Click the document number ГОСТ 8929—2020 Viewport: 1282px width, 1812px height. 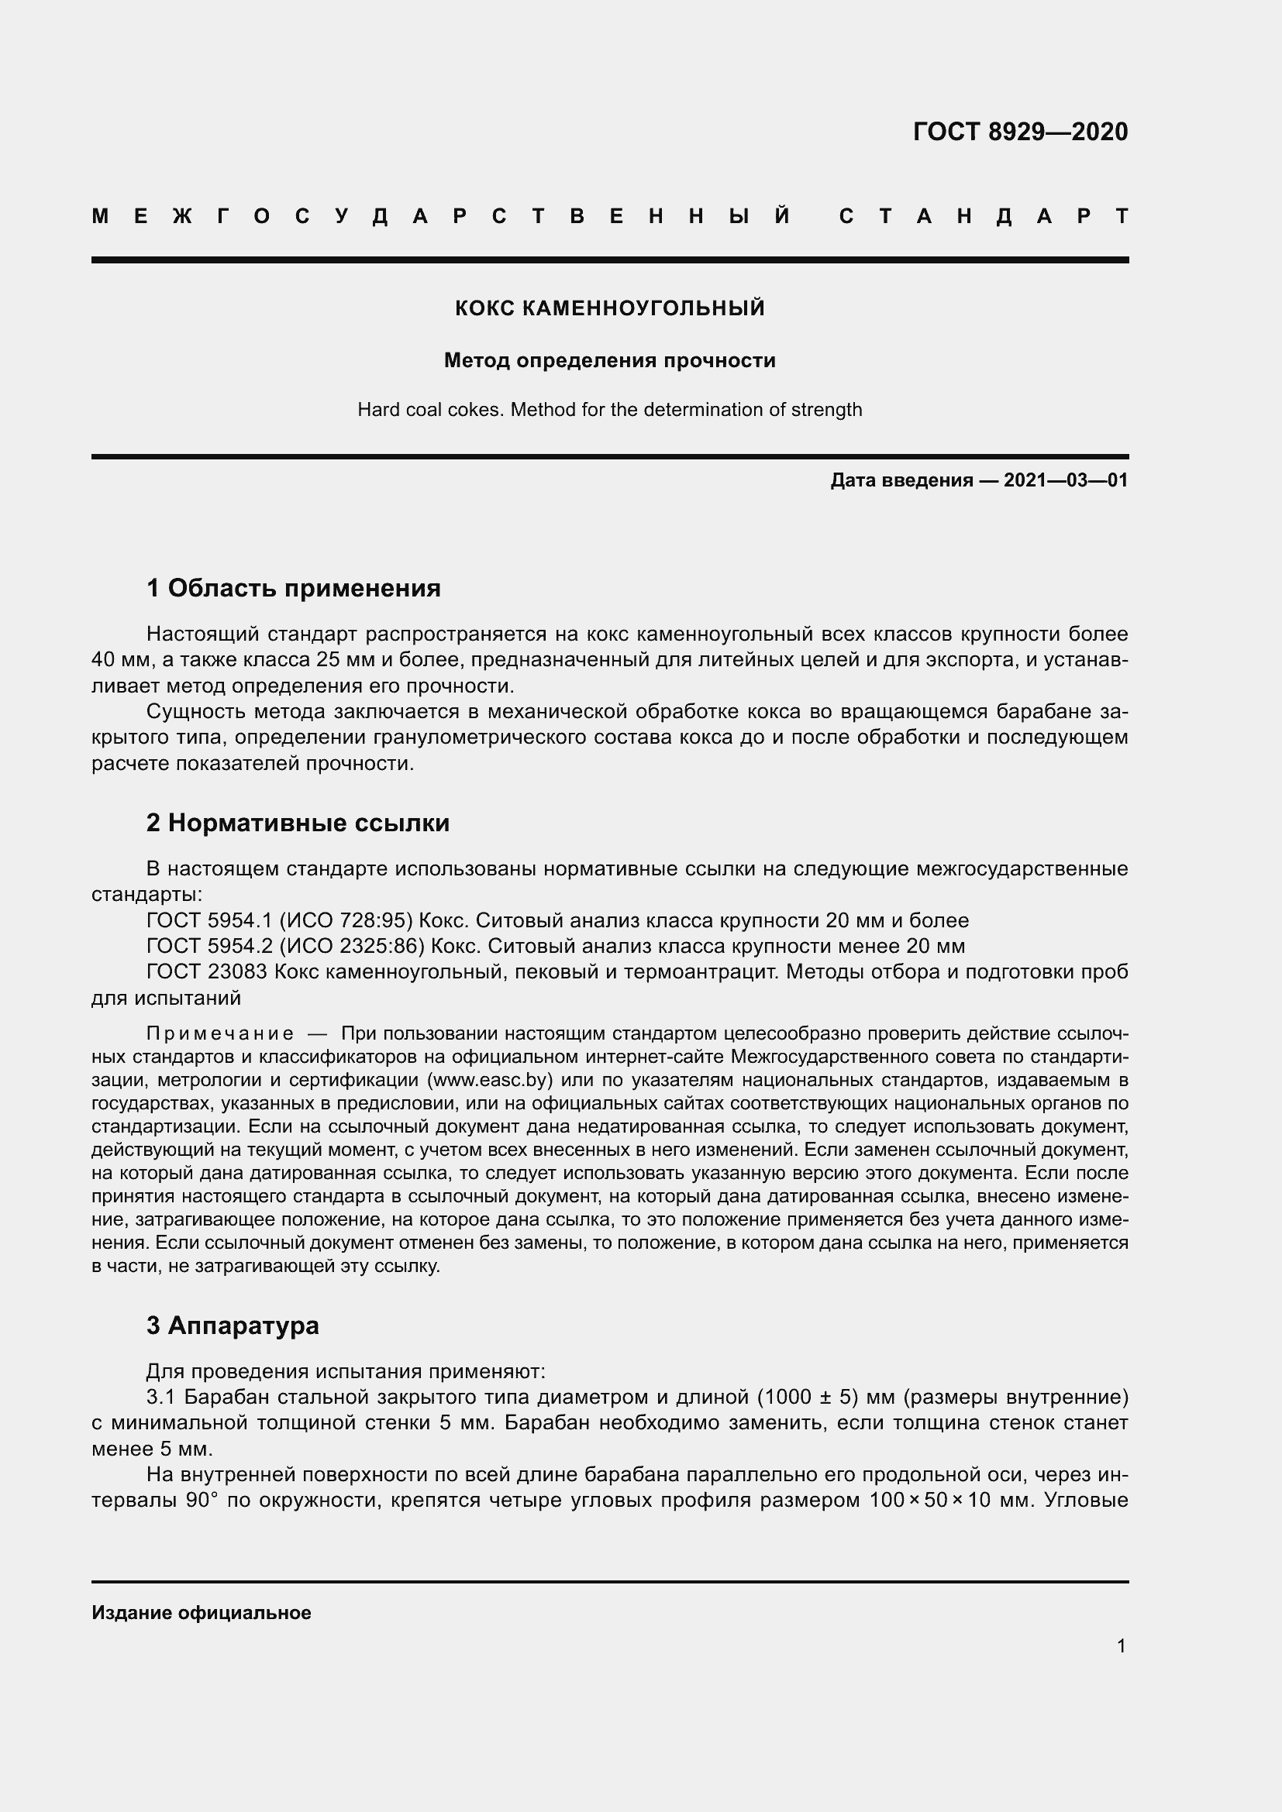(x=1020, y=132)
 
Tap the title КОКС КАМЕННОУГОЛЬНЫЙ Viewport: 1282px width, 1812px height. (x=609, y=308)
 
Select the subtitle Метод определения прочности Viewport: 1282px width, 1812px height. (x=609, y=361)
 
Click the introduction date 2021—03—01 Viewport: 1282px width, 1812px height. (x=1065, y=480)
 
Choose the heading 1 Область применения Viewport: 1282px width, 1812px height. (x=294, y=587)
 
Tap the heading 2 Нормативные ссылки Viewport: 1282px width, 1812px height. (x=298, y=823)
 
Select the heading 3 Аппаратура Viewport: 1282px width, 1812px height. (x=232, y=1325)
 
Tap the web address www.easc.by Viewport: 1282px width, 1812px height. (x=489, y=1080)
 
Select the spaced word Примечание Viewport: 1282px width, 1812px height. (x=220, y=1034)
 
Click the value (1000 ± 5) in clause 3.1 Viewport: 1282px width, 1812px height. (x=808, y=1398)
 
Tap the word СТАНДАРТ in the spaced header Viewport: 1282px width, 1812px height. (x=984, y=216)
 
